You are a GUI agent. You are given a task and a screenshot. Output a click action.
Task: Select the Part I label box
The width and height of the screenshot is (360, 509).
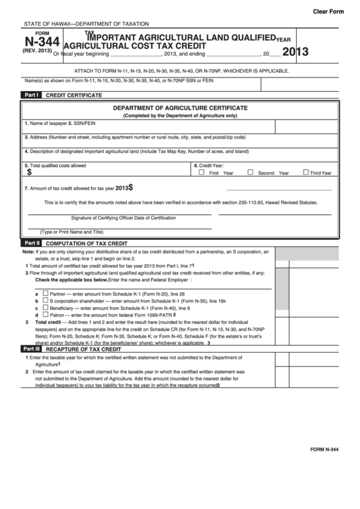31,96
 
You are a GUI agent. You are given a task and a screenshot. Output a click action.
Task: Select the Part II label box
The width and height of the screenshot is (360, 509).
32,243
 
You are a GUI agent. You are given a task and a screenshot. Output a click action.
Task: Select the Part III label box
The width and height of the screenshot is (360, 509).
32,349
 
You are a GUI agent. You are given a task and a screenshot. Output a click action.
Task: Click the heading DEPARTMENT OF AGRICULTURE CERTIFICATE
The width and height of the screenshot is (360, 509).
179,108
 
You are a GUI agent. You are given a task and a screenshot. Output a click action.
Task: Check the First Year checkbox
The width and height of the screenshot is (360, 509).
201,173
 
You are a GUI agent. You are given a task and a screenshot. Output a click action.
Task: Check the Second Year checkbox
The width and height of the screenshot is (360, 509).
250,173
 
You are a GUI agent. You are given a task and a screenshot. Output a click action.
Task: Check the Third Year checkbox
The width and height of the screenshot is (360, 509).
306,173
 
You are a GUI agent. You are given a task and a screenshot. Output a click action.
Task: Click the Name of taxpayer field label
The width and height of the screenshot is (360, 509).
45,124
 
